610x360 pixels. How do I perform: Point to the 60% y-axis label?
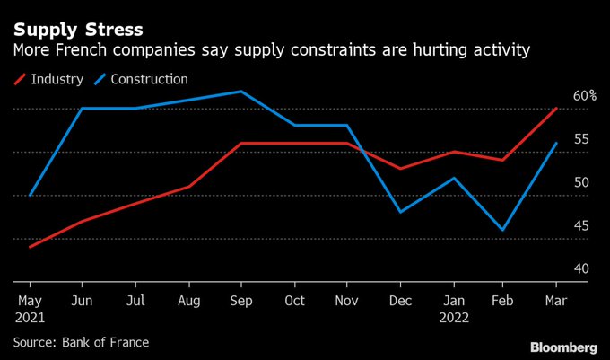pos(585,95)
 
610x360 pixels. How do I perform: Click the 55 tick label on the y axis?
pos(582,139)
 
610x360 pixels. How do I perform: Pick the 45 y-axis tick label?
pos(582,226)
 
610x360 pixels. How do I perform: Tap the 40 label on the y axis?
pos(582,269)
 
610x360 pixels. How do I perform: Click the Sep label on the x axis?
pos(241,300)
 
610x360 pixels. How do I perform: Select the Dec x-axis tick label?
pos(399,300)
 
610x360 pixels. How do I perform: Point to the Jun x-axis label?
pos(83,300)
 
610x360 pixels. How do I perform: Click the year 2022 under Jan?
pos(455,316)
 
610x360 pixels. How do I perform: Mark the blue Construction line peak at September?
pos(241,92)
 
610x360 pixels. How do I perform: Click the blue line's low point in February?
pos(503,230)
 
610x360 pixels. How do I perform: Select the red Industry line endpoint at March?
pos(556,109)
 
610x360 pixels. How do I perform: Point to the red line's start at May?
pos(30,247)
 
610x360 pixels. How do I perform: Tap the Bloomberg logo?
pos(562,347)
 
